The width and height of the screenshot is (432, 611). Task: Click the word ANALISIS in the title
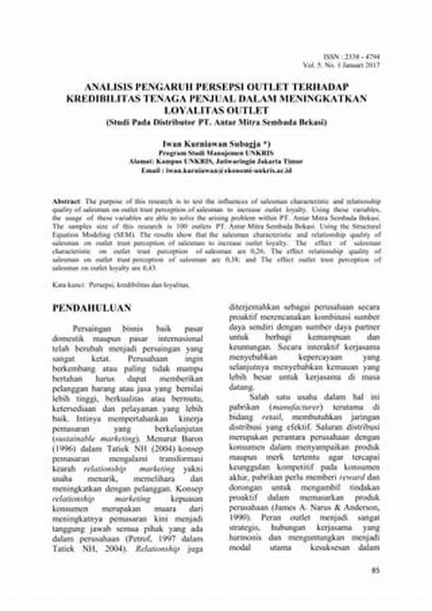coord(114,83)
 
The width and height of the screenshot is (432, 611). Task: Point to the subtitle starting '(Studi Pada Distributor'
coord(215,122)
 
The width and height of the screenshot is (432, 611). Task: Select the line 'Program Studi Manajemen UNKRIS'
coord(215,153)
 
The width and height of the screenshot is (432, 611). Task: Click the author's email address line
coord(215,170)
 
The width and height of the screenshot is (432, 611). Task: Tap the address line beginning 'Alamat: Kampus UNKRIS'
coord(215,161)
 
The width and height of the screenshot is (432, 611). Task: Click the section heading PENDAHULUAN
coord(92,309)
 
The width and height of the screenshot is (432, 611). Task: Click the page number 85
coord(374,571)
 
